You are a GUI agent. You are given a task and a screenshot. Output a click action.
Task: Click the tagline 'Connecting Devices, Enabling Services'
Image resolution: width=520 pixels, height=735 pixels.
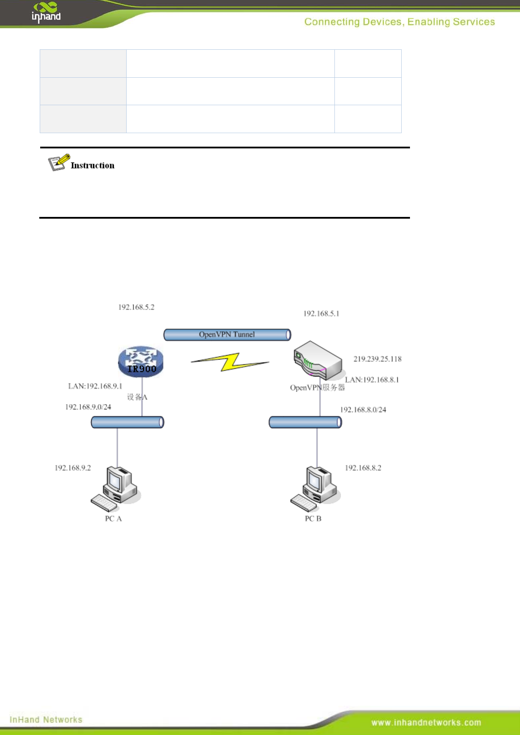coord(399,22)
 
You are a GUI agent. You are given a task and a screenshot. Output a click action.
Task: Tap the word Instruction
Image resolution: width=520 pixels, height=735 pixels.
coord(93,165)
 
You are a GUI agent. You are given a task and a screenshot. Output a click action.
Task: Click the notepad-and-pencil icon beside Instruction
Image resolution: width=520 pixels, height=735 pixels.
coord(59,162)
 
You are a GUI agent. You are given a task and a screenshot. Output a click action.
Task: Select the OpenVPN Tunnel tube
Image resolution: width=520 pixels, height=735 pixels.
coord(227,335)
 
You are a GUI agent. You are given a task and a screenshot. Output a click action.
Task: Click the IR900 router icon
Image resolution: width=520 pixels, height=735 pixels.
coord(141,362)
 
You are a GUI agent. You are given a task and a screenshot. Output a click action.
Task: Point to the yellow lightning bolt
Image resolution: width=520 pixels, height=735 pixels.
coord(230,362)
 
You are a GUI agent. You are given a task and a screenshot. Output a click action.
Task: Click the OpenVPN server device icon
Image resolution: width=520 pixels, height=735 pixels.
coord(317,361)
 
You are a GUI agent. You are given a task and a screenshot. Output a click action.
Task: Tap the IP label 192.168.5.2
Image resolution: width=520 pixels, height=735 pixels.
coord(136,307)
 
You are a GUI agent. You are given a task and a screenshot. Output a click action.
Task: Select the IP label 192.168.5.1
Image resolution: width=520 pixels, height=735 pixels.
coord(321,313)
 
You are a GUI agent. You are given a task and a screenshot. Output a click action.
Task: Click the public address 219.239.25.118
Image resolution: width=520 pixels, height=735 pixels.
coord(377,359)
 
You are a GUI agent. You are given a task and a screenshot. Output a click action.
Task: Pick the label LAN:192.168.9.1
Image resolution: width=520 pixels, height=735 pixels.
coord(95,386)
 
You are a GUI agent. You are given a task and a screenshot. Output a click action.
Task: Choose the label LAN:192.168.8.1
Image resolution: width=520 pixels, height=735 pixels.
coord(372,380)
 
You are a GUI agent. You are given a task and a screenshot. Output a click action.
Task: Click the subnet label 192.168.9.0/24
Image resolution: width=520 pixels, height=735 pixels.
coord(88,407)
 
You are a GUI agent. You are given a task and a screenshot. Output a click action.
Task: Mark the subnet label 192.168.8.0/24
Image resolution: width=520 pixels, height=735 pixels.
coord(363,409)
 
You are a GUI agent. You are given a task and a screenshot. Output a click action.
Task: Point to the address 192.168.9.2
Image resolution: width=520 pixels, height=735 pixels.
coord(73,468)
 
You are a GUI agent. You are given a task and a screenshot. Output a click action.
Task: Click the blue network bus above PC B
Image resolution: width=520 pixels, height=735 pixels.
coord(305,422)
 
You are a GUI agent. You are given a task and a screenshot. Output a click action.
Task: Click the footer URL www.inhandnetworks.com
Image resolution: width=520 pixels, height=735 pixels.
coord(426,722)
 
